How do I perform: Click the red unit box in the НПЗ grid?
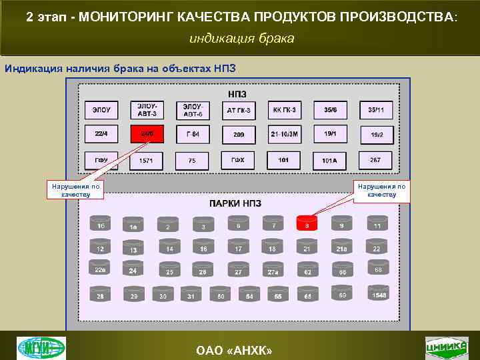[147, 134]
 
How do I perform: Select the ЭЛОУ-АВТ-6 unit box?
[193, 110]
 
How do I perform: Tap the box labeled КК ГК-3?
[285, 110]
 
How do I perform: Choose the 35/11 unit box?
[376, 110]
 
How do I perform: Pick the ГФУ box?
[101, 160]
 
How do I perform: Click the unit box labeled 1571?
[147, 161]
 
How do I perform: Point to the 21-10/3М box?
[285, 134]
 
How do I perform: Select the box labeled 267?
[376, 160]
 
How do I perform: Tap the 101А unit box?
[330, 161]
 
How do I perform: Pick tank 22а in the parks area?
[100, 268]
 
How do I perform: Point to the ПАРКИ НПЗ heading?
[235, 203]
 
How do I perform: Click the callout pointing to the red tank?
[380, 191]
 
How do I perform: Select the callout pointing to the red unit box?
[75, 191]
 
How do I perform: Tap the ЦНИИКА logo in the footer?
[446, 347]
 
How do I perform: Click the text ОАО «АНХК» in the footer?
[239, 351]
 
